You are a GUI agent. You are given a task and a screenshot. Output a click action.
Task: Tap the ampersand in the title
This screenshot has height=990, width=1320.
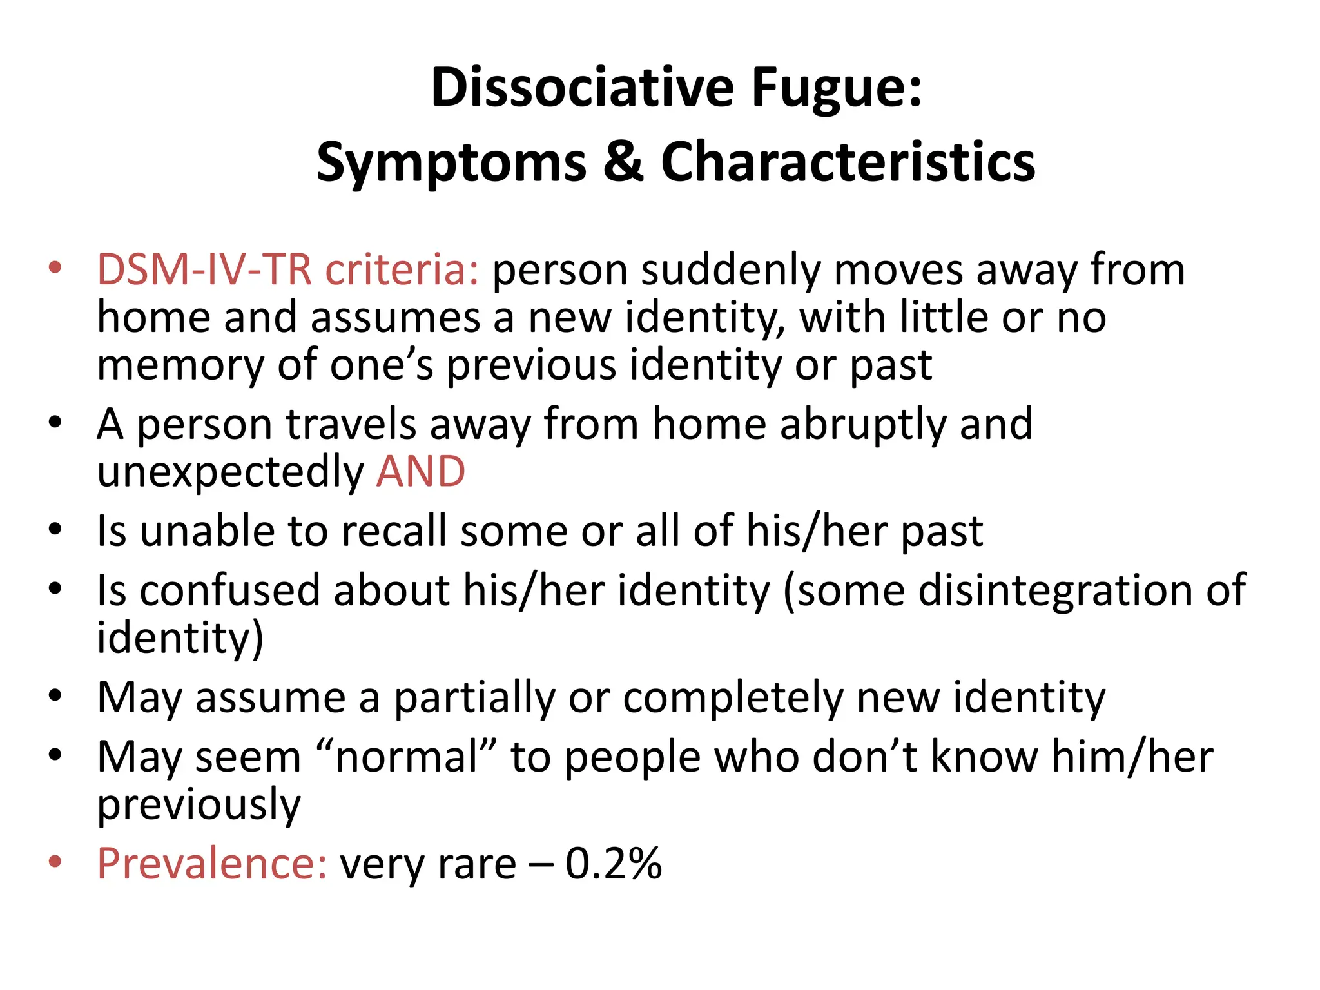coord(623,162)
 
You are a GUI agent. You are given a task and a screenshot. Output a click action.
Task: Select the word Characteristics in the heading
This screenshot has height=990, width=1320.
coord(848,162)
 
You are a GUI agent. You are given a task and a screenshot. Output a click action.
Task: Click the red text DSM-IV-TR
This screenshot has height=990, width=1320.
coord(204,269)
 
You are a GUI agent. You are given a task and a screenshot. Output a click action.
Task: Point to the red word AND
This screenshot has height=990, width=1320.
coord(420,471)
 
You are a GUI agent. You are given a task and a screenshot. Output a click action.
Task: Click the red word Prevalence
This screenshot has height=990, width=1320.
coord(212,863)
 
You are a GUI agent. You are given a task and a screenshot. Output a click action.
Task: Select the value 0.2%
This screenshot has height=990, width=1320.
coord(613,863)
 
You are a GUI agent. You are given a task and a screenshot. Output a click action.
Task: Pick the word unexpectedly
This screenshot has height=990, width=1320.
coord(230,472)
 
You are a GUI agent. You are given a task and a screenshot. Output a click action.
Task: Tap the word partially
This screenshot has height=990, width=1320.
coord(474,698)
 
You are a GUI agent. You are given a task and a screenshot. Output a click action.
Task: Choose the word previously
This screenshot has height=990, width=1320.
coord(199,805)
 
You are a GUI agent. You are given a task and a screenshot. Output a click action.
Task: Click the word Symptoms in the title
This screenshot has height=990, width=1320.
coord(451,163)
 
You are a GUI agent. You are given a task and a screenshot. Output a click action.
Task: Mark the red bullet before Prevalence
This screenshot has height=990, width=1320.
coord(55,861)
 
